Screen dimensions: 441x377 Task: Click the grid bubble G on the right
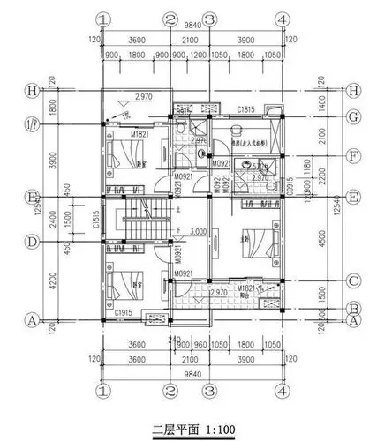(x=355, y=116)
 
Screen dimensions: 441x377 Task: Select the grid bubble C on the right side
(x=355, y=281)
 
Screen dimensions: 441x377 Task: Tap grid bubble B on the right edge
(x=355, y=309)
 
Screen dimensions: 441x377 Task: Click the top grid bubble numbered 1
(x=104, y=19)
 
